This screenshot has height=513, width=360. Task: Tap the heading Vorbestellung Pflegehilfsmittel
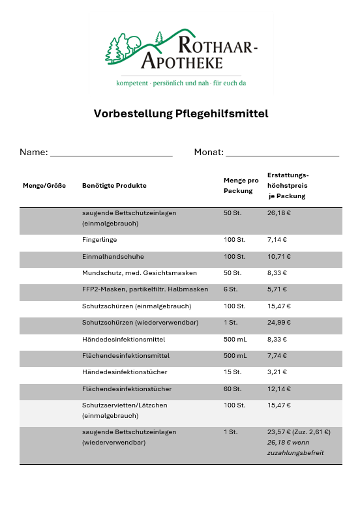point(181,113)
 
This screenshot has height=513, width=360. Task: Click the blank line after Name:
point(111,153)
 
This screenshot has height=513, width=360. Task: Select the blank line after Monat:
point(282,153)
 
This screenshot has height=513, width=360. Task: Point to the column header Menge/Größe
point(44,186)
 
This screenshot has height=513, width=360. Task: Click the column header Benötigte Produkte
point(114,186)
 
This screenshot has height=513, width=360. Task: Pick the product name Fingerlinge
point(99,240)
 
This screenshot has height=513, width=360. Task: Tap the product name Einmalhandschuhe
point(113,257)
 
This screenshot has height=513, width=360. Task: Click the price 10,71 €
point(278,257)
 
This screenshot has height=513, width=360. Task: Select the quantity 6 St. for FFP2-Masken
point(231,289)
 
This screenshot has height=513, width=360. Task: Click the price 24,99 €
point(279,323)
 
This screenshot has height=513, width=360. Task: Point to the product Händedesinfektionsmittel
point(123,340)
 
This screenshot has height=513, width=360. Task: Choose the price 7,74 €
point(277,356)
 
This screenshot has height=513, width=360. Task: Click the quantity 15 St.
point(232,372)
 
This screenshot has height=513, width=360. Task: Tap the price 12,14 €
point(278,389)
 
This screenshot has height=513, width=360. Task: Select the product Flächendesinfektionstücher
point(127,389)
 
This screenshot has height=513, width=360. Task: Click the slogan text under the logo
point(181,83)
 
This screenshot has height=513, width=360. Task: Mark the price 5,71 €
point(277,289)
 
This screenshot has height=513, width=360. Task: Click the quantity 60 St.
point(232,389)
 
